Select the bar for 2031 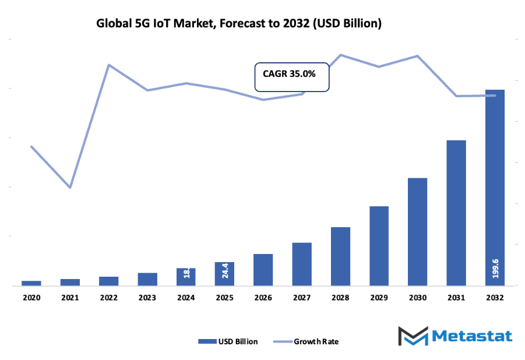(x=456, y=213)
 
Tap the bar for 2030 (x=417, y=232)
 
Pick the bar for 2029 (x=379, y=246)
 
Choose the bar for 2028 (x=340, y=256)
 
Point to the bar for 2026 (x=263, y=270)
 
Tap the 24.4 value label (x=225, y=272)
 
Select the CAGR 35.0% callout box (x=292, y=76)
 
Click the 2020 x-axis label (x=31, y=297)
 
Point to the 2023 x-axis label (x=147, y=297)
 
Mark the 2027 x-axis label (x=302, y=297)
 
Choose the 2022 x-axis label (x=109, y=297)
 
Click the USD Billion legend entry (x=228, y=341)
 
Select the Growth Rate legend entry (x=306, y=341)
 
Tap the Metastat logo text (x=473, y=336)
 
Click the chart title (x=239, y=24)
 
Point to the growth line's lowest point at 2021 (x=71, y=188)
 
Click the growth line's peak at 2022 (x=109, y=65)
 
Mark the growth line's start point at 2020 (x=31, y=146)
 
